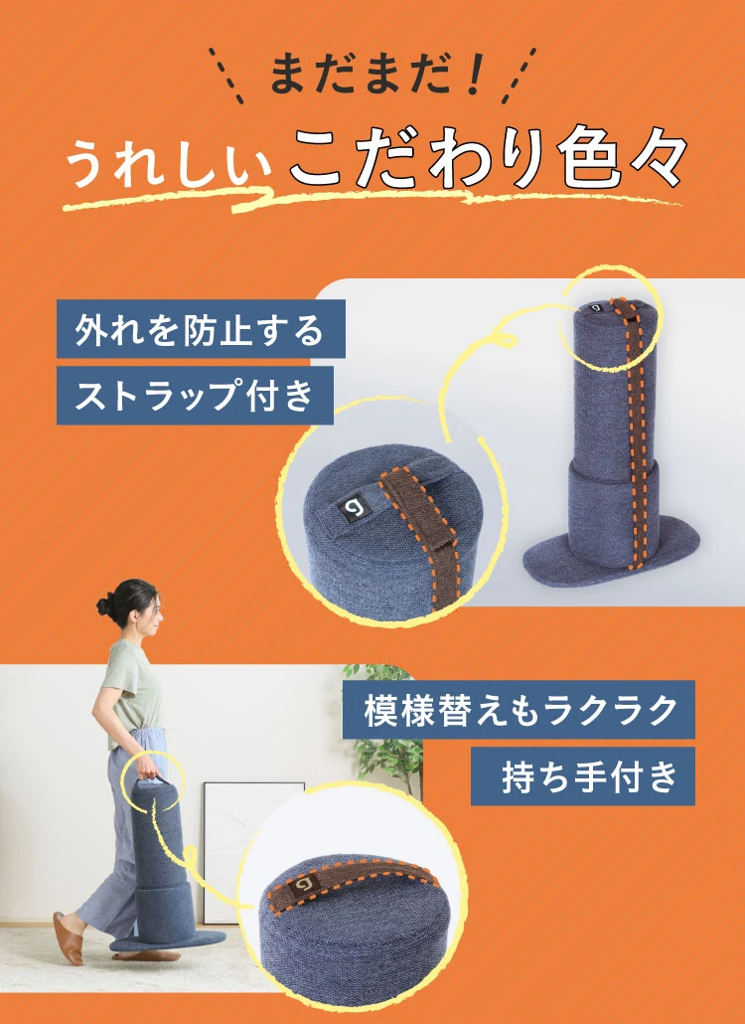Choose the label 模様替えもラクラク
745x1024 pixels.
click(519, 710)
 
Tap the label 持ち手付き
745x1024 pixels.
click(583, 775)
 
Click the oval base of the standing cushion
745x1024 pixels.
click(610, 545)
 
